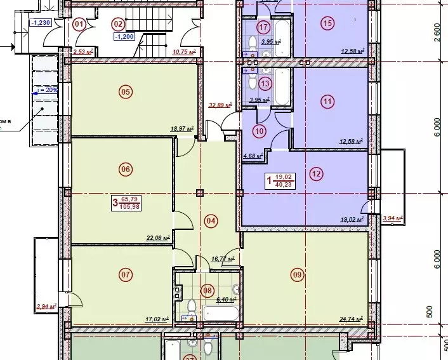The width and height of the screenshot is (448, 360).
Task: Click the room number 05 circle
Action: click(x=126, y=92)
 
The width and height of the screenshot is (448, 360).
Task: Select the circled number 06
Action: click(x=125, y=169)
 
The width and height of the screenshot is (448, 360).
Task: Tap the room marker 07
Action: click(x=125, y=275)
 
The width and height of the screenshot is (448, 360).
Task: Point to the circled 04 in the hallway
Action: click(x=211, y=221)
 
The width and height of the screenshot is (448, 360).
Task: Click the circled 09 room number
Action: click(x=296, y=275)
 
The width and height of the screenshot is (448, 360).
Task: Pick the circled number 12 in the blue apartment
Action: click(x=317, y=173)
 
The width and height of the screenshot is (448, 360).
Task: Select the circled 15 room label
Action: click(x=327, y=24)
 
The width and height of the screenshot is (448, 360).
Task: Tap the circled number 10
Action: click(x=259, y=132)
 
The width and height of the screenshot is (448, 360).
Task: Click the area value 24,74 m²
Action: click(x=350, y=319)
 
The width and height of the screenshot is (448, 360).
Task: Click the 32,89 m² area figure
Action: click(x=221, y=105)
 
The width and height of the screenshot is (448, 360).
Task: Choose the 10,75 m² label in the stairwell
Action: click(x=187, y=52)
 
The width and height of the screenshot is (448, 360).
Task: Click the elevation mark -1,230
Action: click(x=40, y=23)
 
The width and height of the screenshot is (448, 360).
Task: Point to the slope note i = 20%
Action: click(x=47, y=90)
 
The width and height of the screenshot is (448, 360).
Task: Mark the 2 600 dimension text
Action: click(x=436, y=30)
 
